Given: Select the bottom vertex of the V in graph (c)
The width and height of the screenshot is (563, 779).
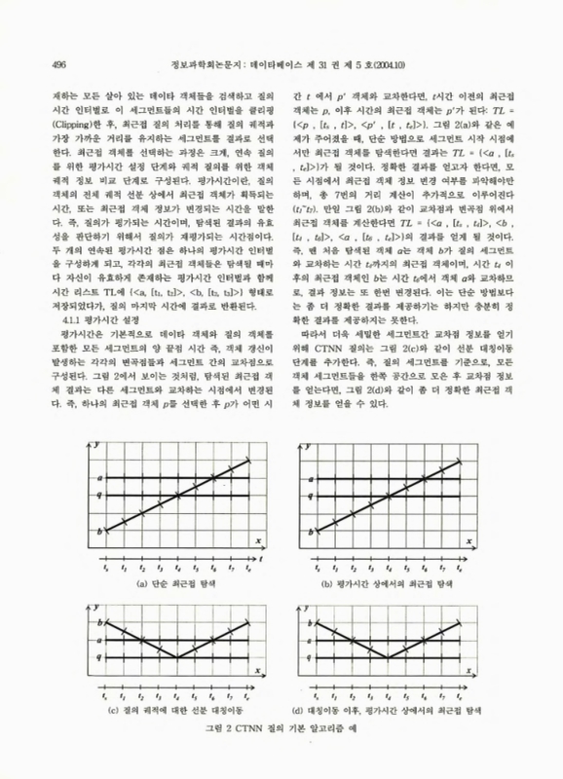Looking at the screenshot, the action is [x=177, y=657].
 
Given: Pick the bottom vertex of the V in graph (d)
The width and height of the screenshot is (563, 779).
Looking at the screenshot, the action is [x=387, y=657].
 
